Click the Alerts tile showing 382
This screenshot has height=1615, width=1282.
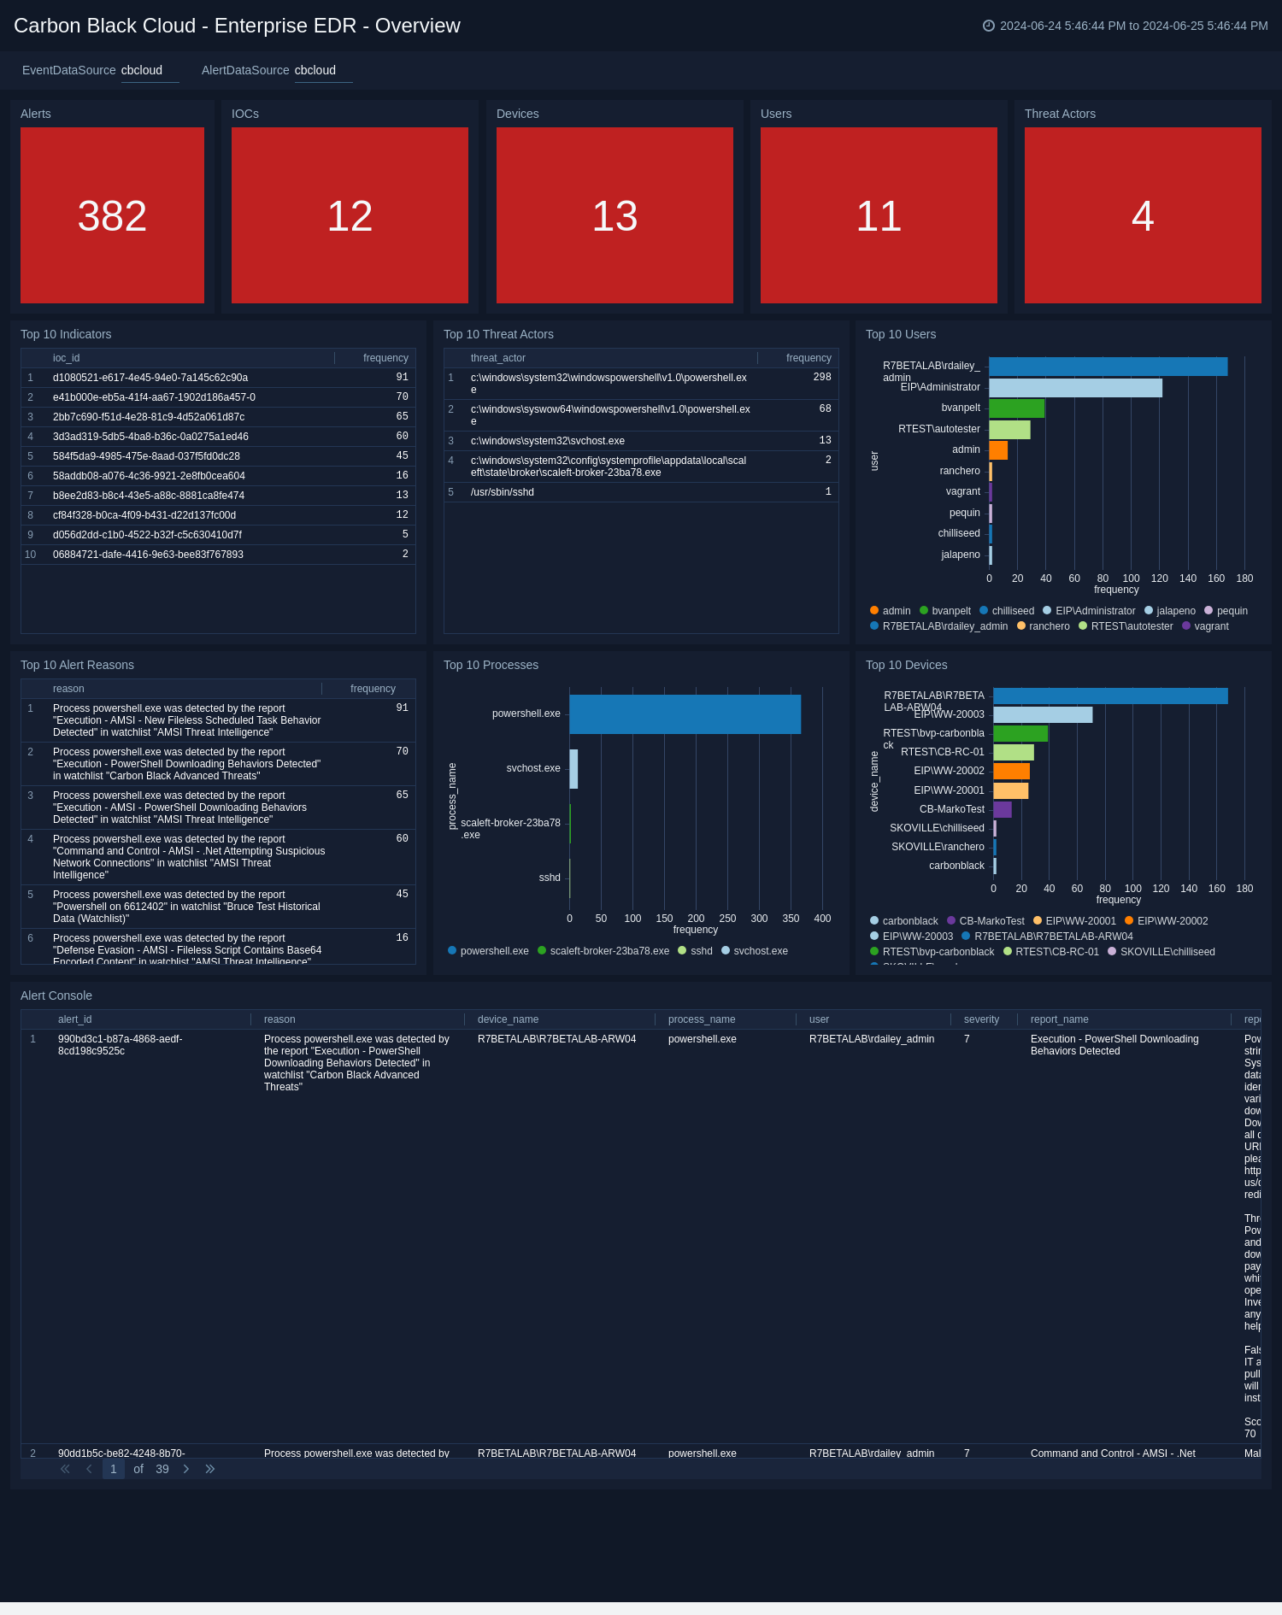pos(112,215)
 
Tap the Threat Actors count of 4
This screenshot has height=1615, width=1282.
pos(1143,215)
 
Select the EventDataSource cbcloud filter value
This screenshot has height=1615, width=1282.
pos(142,70)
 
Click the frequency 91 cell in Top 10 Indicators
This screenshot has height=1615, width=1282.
pos(402,377)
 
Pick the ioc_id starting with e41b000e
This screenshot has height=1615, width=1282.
pos(154,397)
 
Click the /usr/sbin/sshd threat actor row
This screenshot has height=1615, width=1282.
pos(503,492)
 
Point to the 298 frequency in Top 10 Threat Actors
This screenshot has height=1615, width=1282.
pos(821,377)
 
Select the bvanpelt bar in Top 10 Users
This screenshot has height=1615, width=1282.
pos(1016,408)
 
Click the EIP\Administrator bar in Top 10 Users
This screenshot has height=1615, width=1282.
pos(1075,388)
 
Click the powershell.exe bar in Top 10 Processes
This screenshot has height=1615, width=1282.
pos(685,714)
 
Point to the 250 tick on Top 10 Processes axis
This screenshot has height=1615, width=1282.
pos(727,919)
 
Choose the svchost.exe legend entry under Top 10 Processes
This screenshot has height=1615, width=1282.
pos(760,951)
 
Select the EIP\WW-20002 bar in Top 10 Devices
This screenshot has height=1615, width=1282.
pos(1011,772)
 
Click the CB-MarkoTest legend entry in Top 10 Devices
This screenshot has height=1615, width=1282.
pos(991,921)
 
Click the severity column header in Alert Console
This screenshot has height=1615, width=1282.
pos(981,1019)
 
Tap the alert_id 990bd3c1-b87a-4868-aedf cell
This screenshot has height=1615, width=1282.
pos(120,1045)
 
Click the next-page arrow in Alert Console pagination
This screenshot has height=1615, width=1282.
pos(186,1469)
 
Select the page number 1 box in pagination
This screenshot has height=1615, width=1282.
pos(114,1469)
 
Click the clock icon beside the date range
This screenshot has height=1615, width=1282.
pos(989,26)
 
